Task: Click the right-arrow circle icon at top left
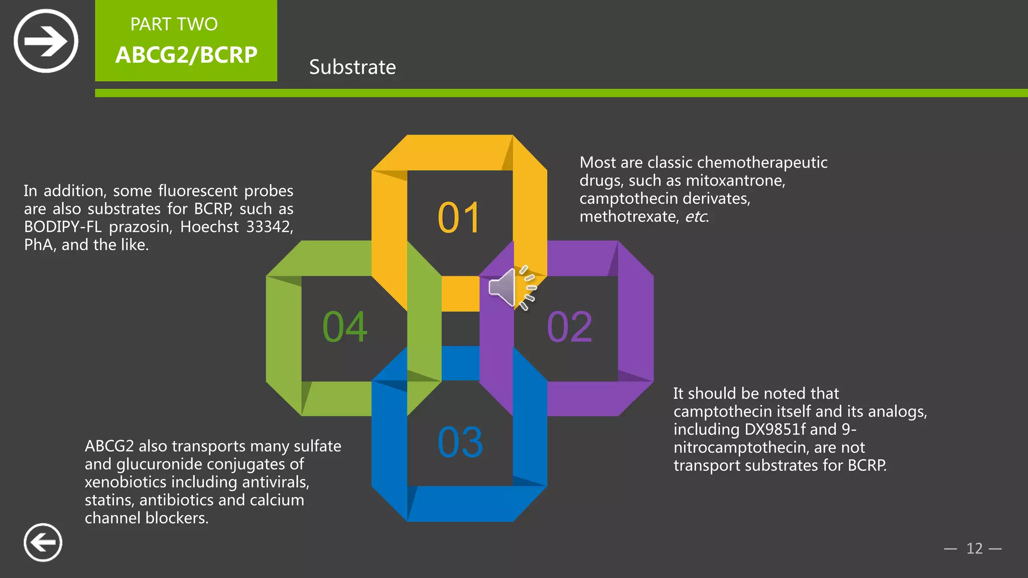46,41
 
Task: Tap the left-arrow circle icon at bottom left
43,542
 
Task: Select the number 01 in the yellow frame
459,218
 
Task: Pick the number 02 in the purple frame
569,327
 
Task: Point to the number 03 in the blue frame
460,443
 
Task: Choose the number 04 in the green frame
345,327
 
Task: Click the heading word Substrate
352,67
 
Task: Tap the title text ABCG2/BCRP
186,55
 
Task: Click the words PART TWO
174,24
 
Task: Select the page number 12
974,548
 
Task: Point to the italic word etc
696,217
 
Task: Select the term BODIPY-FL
63,227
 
